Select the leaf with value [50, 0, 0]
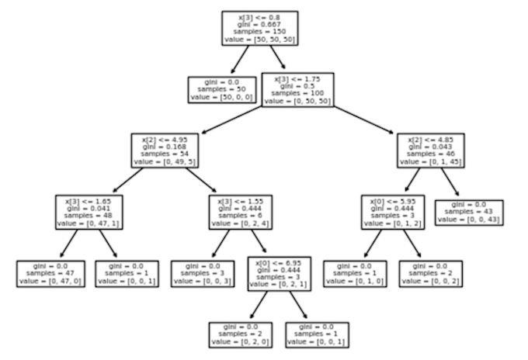222,89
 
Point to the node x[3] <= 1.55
243,211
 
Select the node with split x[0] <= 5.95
393,211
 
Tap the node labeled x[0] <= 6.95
280,273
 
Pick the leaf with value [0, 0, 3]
203,273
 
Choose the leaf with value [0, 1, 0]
355,273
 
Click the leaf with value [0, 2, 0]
241,334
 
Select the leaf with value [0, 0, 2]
431,273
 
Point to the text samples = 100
297,94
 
